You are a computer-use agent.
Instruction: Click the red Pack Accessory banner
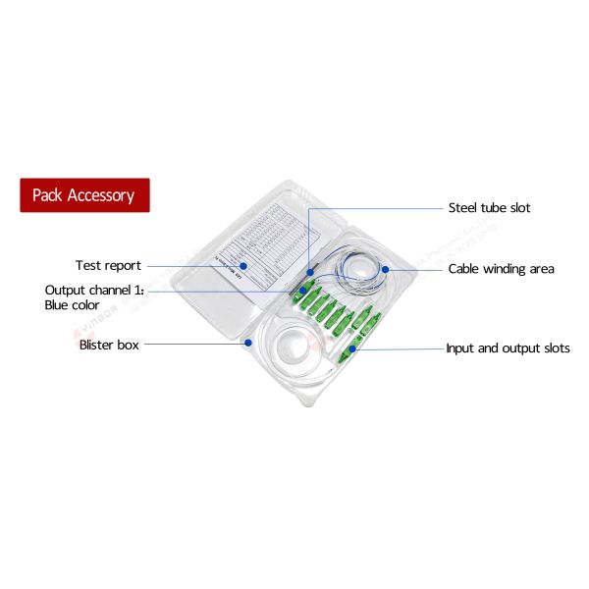click(84, 195)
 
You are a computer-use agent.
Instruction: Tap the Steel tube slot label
click(489, 208)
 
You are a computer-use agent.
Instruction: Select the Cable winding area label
click(501, 269)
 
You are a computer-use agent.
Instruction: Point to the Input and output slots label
click(508, 348)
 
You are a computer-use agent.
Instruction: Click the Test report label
click(108, 266)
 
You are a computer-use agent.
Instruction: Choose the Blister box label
click(109, 345)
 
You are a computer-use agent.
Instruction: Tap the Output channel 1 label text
click(94, 291)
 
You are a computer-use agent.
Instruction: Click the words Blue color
click(72, 305)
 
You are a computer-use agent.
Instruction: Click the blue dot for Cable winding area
click(387, 269)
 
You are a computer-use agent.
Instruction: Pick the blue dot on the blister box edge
click(249, 344)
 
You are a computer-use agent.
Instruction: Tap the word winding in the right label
click(508, 269)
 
